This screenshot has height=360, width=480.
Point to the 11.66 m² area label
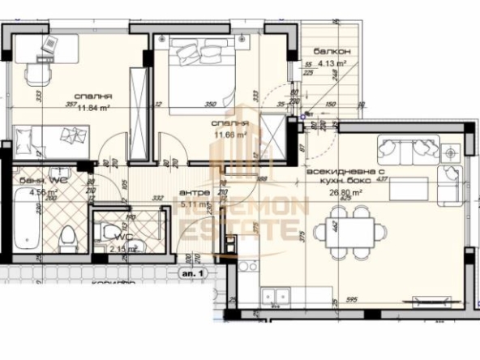click(229, 135)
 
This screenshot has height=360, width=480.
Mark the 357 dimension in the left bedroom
click(71, 105)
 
